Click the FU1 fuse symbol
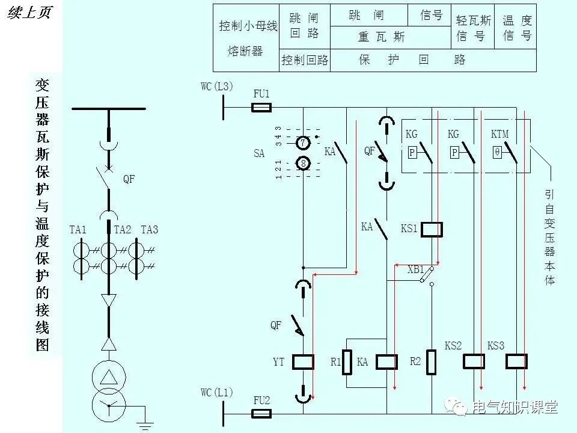point(261,108)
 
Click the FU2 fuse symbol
point(261,413)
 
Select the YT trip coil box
point(303,361)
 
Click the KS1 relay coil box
point(432,229)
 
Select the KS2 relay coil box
point(474,361)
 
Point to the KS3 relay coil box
point(516,361)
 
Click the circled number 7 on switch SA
point(304,143)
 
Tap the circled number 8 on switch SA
point(304,163)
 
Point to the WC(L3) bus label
point(217,87)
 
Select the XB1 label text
point(415,269)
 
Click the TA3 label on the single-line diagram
point(150,230)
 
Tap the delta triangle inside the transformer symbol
point(109,377)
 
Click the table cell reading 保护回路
point(412,60)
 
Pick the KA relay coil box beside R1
point(386,361)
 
